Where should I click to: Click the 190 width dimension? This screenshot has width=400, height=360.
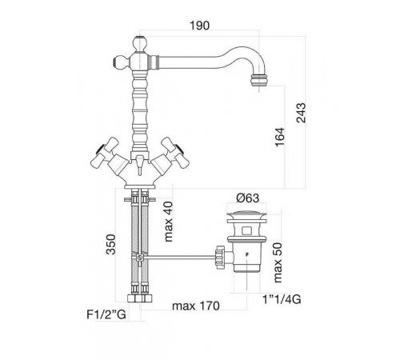[199, 26]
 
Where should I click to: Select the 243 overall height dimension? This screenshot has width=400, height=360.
[302, 113]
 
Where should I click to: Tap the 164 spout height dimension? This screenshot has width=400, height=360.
[280, 137]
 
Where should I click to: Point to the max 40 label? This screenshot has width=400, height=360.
[168, 222]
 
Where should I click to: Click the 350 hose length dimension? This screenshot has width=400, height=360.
[111, 244]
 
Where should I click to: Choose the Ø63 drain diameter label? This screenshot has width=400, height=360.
[248, 198]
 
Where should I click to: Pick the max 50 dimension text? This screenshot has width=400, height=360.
[278, 262]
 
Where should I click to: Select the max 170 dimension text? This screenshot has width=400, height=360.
[196, 306]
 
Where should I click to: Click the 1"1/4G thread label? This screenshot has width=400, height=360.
[282, 299]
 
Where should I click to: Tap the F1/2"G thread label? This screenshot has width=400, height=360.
[106, 314]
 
